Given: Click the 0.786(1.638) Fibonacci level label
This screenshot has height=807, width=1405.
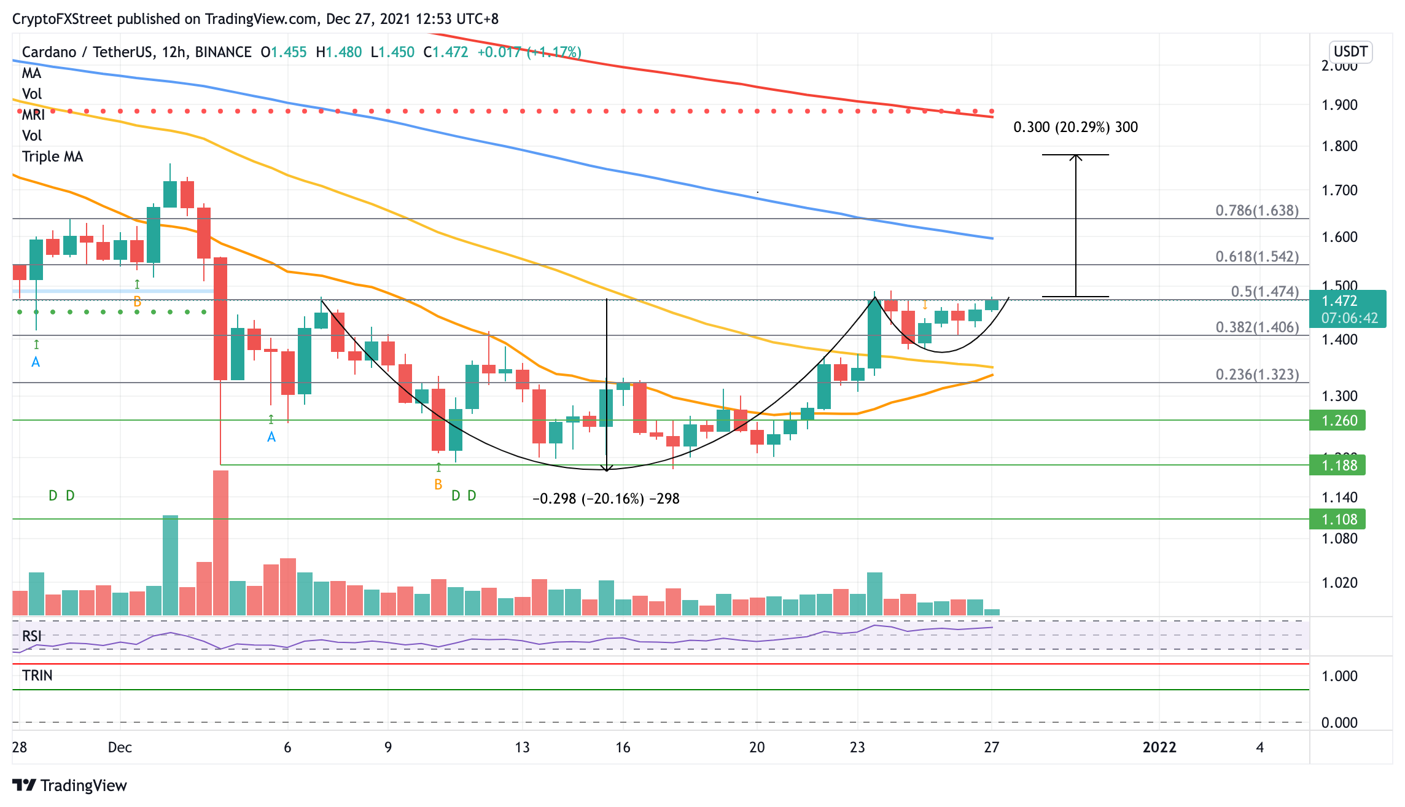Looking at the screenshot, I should coord(1256,211).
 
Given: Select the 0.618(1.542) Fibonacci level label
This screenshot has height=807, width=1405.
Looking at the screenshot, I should coord(1256,257).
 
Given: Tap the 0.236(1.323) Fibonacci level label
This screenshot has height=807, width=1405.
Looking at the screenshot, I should coord(1256,375).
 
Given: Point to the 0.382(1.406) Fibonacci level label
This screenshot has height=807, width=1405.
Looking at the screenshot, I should coord(1256,327).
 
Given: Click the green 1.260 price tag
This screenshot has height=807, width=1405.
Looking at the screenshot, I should coord(1338,421).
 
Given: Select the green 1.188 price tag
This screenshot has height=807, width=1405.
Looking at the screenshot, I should coord(1338,466).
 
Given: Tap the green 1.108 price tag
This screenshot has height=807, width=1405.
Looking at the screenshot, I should coord(1338,520).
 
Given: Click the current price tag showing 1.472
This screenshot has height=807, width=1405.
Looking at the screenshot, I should coord(1347,302).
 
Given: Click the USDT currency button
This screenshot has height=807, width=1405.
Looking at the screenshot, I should coord(1350,52).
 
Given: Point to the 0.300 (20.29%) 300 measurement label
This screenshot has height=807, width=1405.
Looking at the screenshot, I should coord(1075,127).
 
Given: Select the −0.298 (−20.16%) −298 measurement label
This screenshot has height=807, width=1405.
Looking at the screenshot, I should coord(605,499).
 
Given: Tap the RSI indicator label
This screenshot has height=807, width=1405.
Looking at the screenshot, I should coord(32,636).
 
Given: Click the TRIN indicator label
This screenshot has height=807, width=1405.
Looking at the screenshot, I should coord(37,676).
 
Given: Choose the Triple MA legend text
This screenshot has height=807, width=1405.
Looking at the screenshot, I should coord(52,157).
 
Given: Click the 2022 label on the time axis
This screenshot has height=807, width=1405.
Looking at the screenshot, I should coord(1159,747).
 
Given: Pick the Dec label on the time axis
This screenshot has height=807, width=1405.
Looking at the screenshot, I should coord(120,747).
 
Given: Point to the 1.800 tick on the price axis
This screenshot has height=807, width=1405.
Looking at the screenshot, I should coord(1339,146).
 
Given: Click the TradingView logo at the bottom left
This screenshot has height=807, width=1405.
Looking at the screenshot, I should coord(69,786).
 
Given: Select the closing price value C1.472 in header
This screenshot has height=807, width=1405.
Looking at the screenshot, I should coord(446,52).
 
